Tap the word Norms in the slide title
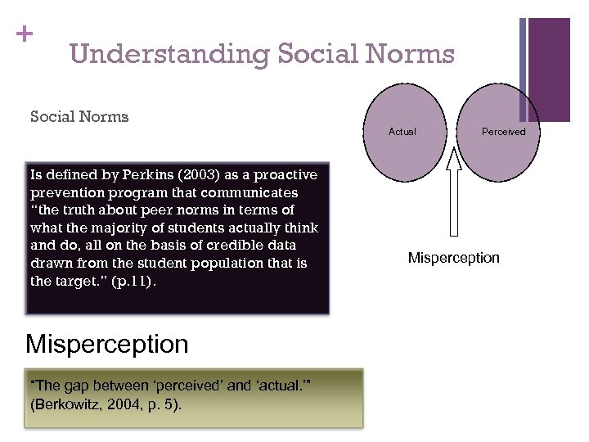(412, 54)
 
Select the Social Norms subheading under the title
(79, 116)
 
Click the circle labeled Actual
(402, 131)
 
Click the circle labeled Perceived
(503, 131)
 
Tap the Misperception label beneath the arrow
(453, 258)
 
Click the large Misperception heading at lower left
(107, 344)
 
